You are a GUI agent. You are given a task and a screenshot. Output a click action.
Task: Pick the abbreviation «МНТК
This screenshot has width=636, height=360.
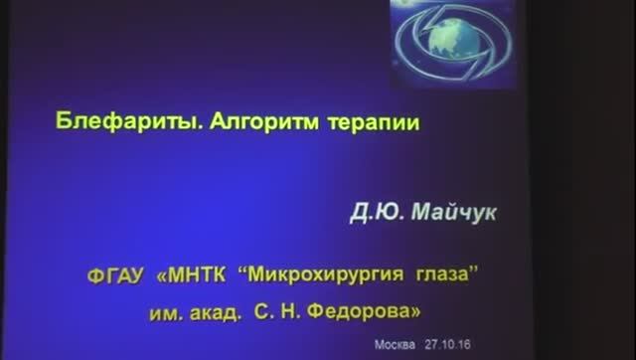point(194,272)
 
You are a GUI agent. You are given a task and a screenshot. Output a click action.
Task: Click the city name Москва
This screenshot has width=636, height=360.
point(394,346)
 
